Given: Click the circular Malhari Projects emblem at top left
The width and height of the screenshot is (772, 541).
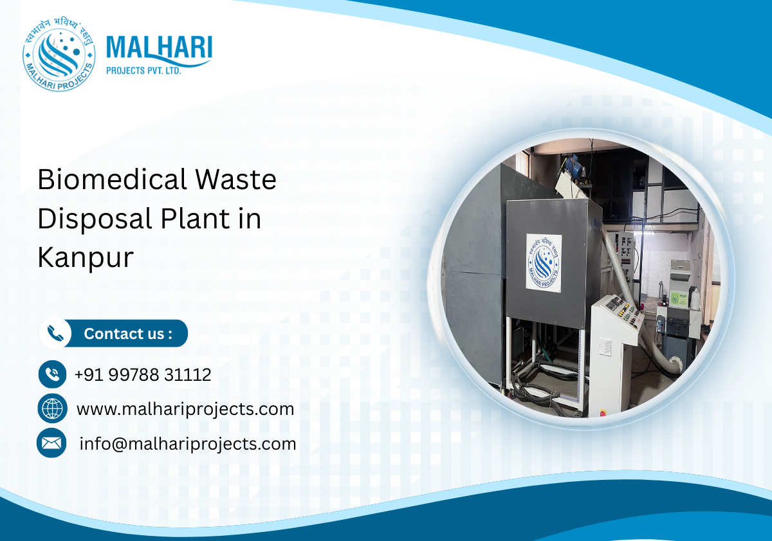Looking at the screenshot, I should pyautogui.click(x=59, y=54).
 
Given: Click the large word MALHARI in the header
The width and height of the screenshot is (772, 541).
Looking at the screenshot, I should pyautogui.click(x=158, y=49).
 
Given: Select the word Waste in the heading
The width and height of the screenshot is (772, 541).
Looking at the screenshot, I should pyautogui.click(x=239, y=179).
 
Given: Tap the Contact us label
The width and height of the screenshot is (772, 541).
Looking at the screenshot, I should pyautogui.click(x=128, y=334).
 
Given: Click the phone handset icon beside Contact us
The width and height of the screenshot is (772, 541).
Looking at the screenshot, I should pyautogui.click(x=56, y=334).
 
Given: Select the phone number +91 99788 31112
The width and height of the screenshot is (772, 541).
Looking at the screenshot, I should pyautogui.click(x=143, y=374).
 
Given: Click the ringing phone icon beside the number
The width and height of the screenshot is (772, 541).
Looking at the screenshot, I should pyautogui.click(x=52, y=374).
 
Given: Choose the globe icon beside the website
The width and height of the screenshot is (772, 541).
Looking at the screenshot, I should pyautogui.click(x=52, y=408).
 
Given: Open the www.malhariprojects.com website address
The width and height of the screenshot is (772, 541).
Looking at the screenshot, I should pyautogui.click(x=185, y=408).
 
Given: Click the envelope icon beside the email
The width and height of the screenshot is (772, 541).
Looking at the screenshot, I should pyautogui.click(x=51, y=443).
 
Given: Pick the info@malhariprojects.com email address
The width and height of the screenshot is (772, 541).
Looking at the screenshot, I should pyautogui.click(x=187, y=443).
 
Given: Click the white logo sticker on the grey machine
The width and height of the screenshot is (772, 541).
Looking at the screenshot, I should pyautogui.click(x=544, y=262).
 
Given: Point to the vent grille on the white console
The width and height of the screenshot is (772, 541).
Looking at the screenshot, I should pyautogui.click(x=605, y=347).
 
